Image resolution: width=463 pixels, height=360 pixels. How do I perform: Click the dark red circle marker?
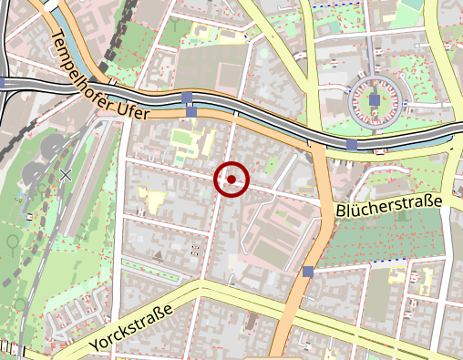coord(231,180)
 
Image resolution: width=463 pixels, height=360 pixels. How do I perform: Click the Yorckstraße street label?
coord(131,329)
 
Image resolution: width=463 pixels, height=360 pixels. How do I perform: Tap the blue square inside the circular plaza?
coord(375,99)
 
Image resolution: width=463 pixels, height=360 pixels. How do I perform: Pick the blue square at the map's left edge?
coord(3,83)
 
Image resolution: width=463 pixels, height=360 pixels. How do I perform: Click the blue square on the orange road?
coord(308,271)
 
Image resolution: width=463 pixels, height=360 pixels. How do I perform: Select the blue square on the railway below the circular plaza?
coord(352,145)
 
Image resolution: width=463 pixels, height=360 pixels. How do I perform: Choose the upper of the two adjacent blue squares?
coord(187,98)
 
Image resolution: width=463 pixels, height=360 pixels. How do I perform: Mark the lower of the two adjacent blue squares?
coord(191,112)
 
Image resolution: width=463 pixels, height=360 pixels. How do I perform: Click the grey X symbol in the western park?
coord(66,173)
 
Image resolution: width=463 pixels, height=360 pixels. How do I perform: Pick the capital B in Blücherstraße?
coord(341,213)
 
